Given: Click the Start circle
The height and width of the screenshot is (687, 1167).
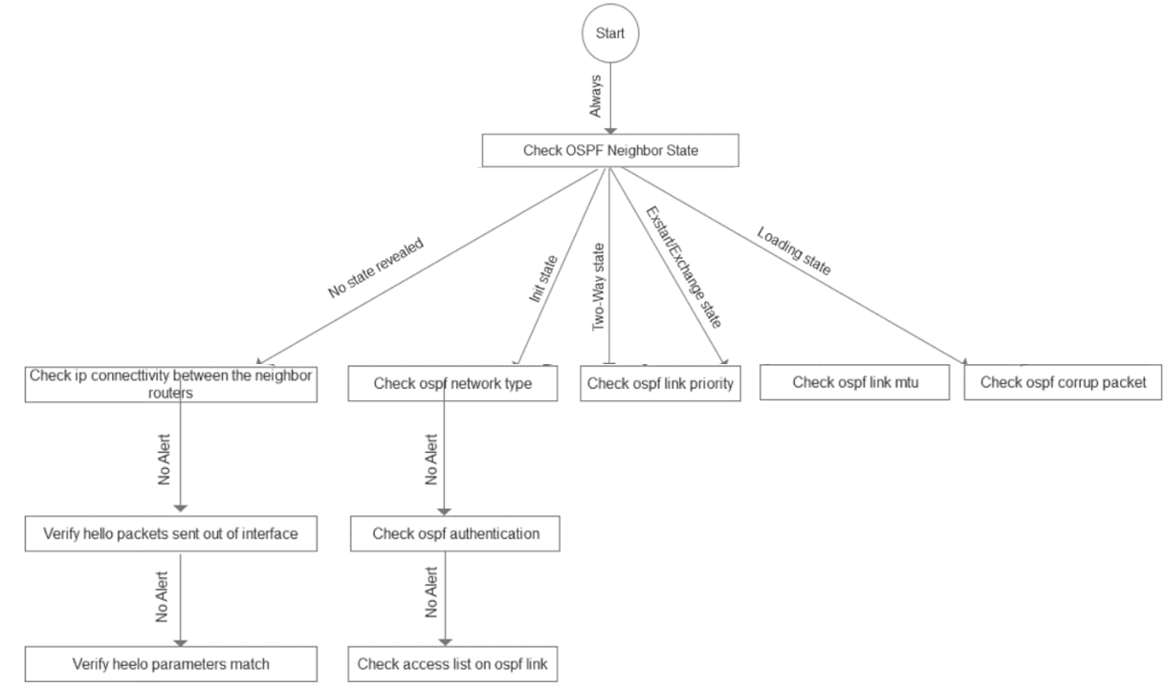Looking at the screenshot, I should point(611,33).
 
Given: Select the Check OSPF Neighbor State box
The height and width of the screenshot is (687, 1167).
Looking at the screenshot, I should point(611,150).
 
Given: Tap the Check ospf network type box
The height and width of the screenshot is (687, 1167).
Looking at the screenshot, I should point(451,384).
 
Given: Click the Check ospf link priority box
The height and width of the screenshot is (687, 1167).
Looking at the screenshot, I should point(660,384).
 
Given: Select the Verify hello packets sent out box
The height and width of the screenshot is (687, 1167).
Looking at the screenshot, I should point(171,532).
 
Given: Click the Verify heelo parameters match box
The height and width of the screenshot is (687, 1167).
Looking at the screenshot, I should point(171,662).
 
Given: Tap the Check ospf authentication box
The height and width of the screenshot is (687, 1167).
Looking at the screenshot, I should point(451,532).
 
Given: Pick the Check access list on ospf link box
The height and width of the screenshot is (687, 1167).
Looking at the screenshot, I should point(451,662).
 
